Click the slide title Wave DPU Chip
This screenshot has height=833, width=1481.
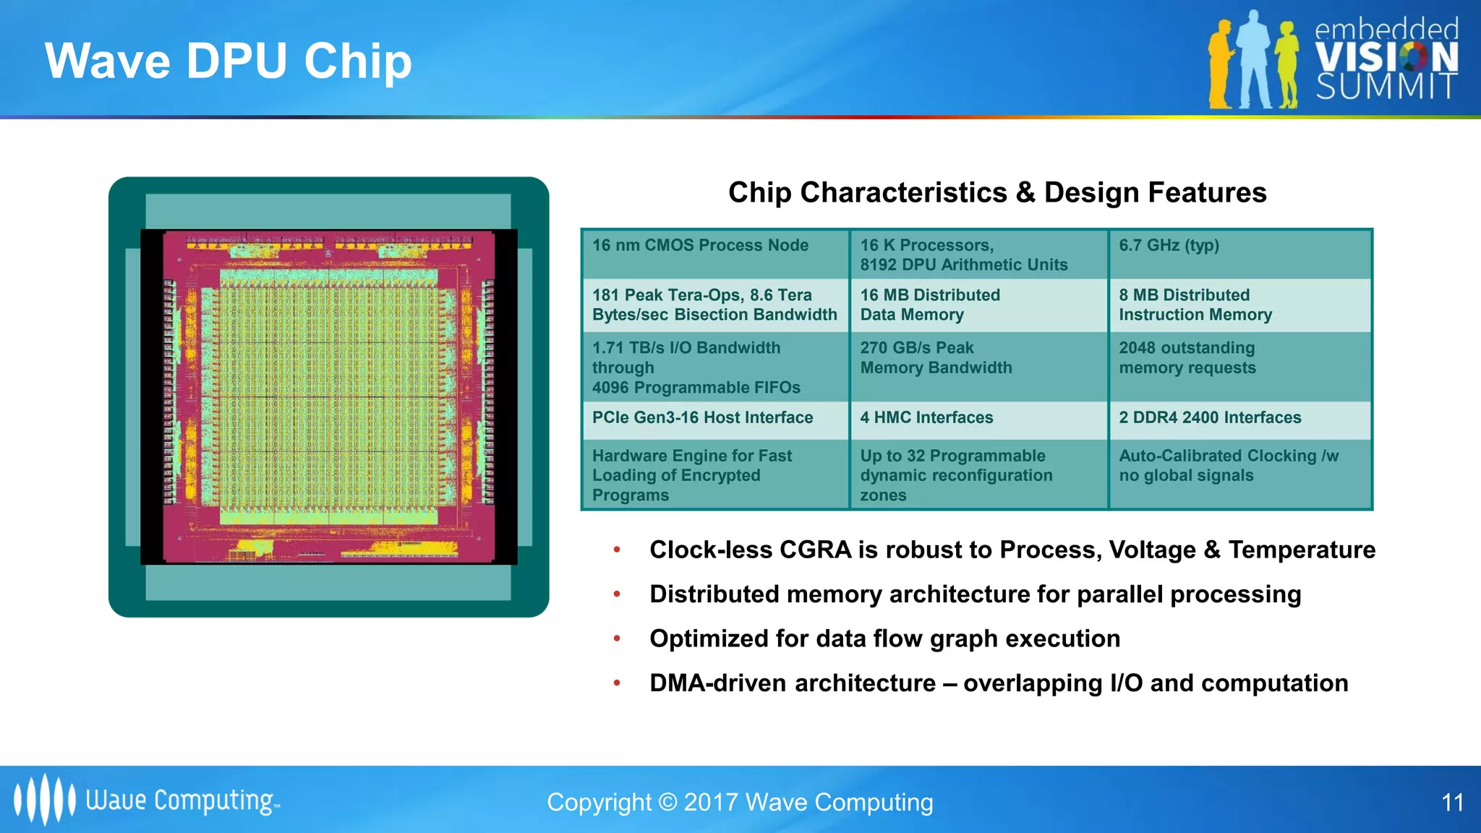tap(228, 61)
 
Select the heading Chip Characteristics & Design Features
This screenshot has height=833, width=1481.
tap(996, 192)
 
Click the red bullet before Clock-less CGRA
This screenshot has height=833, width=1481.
tap(617, 550)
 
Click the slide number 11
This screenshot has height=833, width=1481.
tap(1452, 803)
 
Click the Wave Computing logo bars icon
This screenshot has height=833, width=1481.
tap(44, 800)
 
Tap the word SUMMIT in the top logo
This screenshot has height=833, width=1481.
tap(1385, 87)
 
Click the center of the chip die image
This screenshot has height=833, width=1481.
tap(328, 396)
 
